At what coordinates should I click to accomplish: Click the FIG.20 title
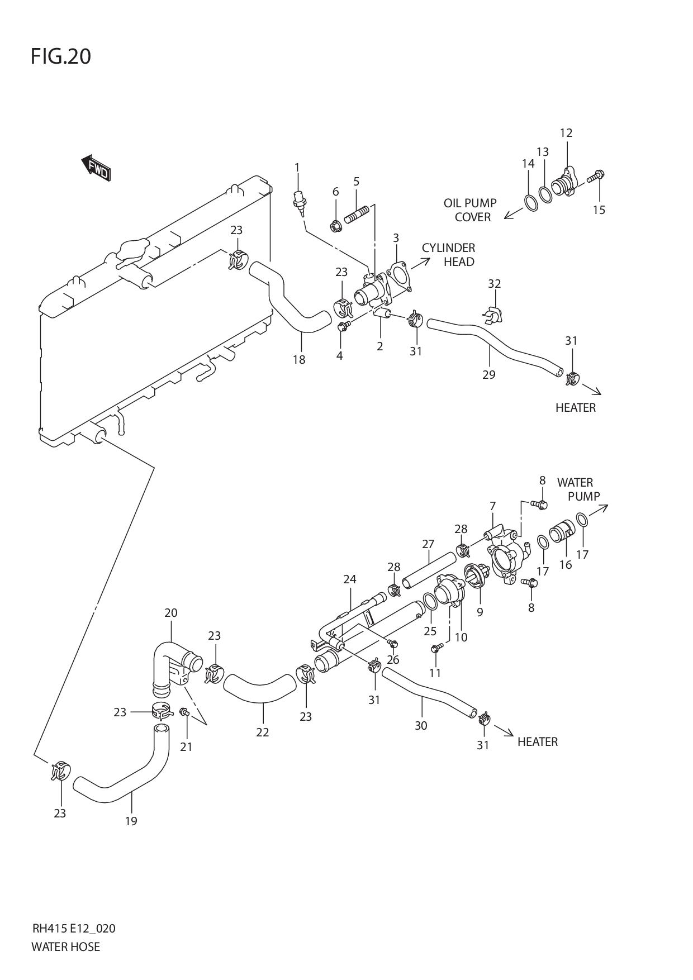[61, 56]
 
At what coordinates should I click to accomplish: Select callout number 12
[566, 133]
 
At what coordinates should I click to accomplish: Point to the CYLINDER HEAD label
[449, 255]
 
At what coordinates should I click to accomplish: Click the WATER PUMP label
[578, 489]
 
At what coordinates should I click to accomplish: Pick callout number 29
[488, 374]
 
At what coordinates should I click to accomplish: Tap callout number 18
[299, 359]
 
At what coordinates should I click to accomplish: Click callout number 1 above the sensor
[297, 167]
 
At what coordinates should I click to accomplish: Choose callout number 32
[494, 284]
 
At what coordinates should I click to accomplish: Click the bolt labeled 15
[595, 177]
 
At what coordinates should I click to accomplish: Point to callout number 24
[350, 579]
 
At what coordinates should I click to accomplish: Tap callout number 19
[131, 821]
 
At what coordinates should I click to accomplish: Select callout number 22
[263, 732]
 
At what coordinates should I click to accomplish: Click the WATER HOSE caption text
[66, 946]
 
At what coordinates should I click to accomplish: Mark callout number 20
[170, 613]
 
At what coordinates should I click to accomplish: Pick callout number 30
[421, 725]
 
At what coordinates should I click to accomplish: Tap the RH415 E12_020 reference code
[74, 929]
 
